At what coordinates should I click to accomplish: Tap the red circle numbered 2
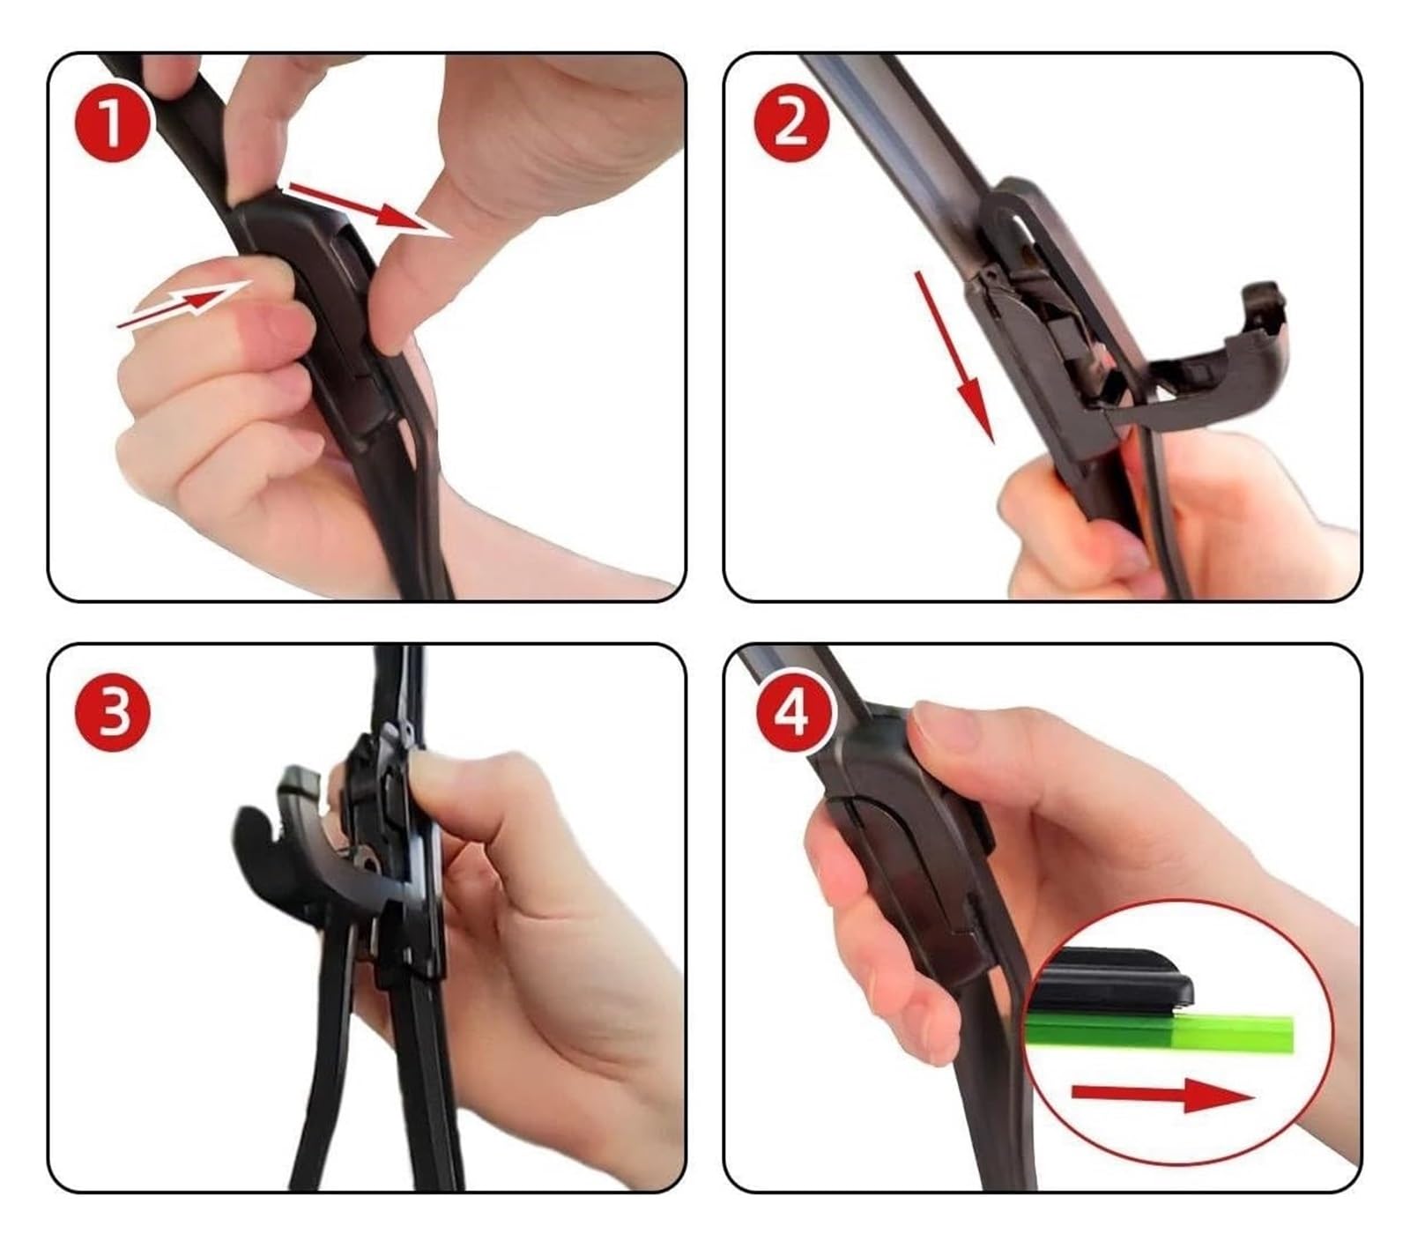(790, 123)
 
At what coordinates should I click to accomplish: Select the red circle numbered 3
(112, 713)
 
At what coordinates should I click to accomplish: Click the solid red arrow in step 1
(370, 209)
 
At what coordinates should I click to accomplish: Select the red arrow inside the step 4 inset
(1161, 1096)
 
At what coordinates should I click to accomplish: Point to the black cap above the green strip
(1115, 977)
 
